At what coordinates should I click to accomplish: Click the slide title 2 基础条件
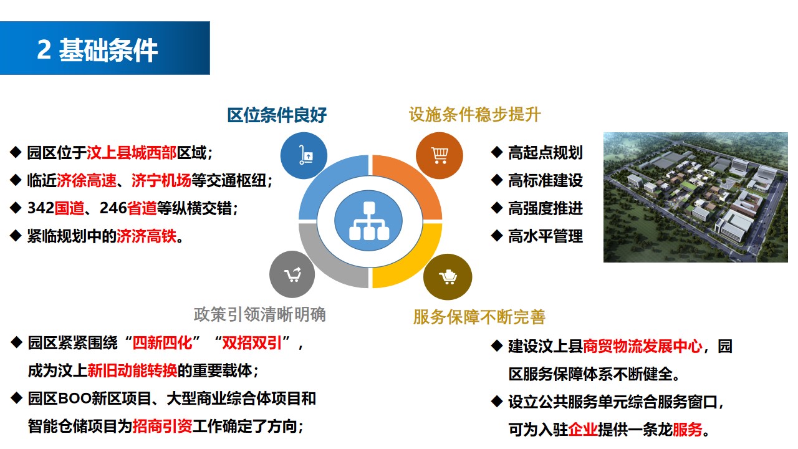pyautogui.click(x=97, y=49)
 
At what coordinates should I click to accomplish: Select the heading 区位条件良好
pyautogui.click(x=277, y=115)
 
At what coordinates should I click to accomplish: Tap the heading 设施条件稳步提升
pyautogui.click(x=475, y=115)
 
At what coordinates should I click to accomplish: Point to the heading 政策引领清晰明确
pyautogui.click(x=260, y=315)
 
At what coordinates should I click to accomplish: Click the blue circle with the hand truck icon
pyautogui.click(x=304, y=155)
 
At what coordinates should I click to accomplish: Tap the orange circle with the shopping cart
pyautogui.click(x=440, y=155)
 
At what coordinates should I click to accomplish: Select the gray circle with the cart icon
pyautogui.click(x=292, y=274)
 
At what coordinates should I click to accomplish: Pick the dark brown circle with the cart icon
pyautogui.click(x=448, y=277)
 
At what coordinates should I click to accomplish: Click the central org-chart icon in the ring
pyautogui.click(x=369, y=221)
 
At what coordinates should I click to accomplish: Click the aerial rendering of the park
pyautogui.click(x=695, y=198)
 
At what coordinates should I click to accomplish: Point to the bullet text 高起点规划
pyautogui.click(x=546, y=153)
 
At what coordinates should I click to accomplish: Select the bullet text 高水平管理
pyautogui.click(x=546, y=236)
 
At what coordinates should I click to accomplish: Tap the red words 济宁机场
pyautogui.click(x=161, y=181)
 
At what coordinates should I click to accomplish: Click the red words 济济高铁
pyautogui.click(x=147, y=236)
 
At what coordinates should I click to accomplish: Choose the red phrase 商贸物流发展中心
pyautogui.click(x=643, y=346)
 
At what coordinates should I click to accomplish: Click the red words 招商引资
pyautogui.click(x=163, y=426)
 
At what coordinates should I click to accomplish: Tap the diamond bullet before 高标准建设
pyautogui.click(x=497, y=180)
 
